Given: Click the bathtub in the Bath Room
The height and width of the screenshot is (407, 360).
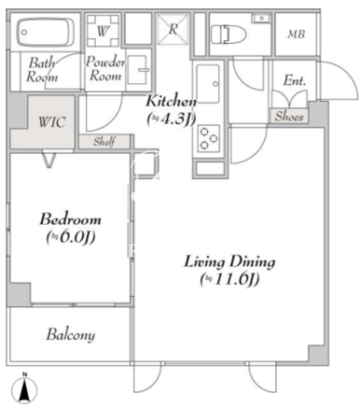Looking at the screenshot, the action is click(x=46, y=32).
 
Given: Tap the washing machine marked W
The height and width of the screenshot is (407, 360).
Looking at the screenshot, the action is click(x=103, y=31).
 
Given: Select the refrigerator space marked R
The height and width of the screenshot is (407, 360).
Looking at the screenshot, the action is click(x=173, y=29).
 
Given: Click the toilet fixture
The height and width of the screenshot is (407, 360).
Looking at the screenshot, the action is click(x=228, y=35).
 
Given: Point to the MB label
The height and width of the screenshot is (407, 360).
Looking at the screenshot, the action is click(x=296, y=34).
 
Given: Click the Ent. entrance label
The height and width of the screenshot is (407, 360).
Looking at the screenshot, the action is click(x=295, y=81).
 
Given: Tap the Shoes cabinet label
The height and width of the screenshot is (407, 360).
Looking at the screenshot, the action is click(x=289, y=117).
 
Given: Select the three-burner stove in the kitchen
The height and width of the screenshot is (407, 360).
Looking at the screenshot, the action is click(x=208, y=138).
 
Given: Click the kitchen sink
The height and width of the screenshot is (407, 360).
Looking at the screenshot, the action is click(x=208, y=84).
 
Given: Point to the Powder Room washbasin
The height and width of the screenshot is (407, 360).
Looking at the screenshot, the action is click(x=138, y=70).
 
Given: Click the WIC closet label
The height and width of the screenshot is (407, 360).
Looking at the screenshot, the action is click(x=52, y=122).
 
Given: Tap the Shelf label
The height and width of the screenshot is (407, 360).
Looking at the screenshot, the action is click(x=104, y=142).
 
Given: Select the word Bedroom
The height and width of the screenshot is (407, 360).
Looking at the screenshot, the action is click(x=70, y=219).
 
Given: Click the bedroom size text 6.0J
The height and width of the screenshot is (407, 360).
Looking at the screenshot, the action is click(x=71, y=238).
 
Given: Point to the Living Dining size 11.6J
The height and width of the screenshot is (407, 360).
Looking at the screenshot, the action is click(x=229, y=280).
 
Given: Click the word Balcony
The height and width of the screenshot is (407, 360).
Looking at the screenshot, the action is click(x=71, y=335).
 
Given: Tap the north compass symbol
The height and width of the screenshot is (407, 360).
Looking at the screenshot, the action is click(x=24, y=387).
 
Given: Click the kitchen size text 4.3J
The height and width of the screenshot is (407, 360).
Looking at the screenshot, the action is click(x=172, y=119).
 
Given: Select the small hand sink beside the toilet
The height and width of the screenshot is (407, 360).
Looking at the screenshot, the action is click(x=262, y=19).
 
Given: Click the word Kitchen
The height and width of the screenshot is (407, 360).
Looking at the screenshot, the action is click(x=172, y=101).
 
